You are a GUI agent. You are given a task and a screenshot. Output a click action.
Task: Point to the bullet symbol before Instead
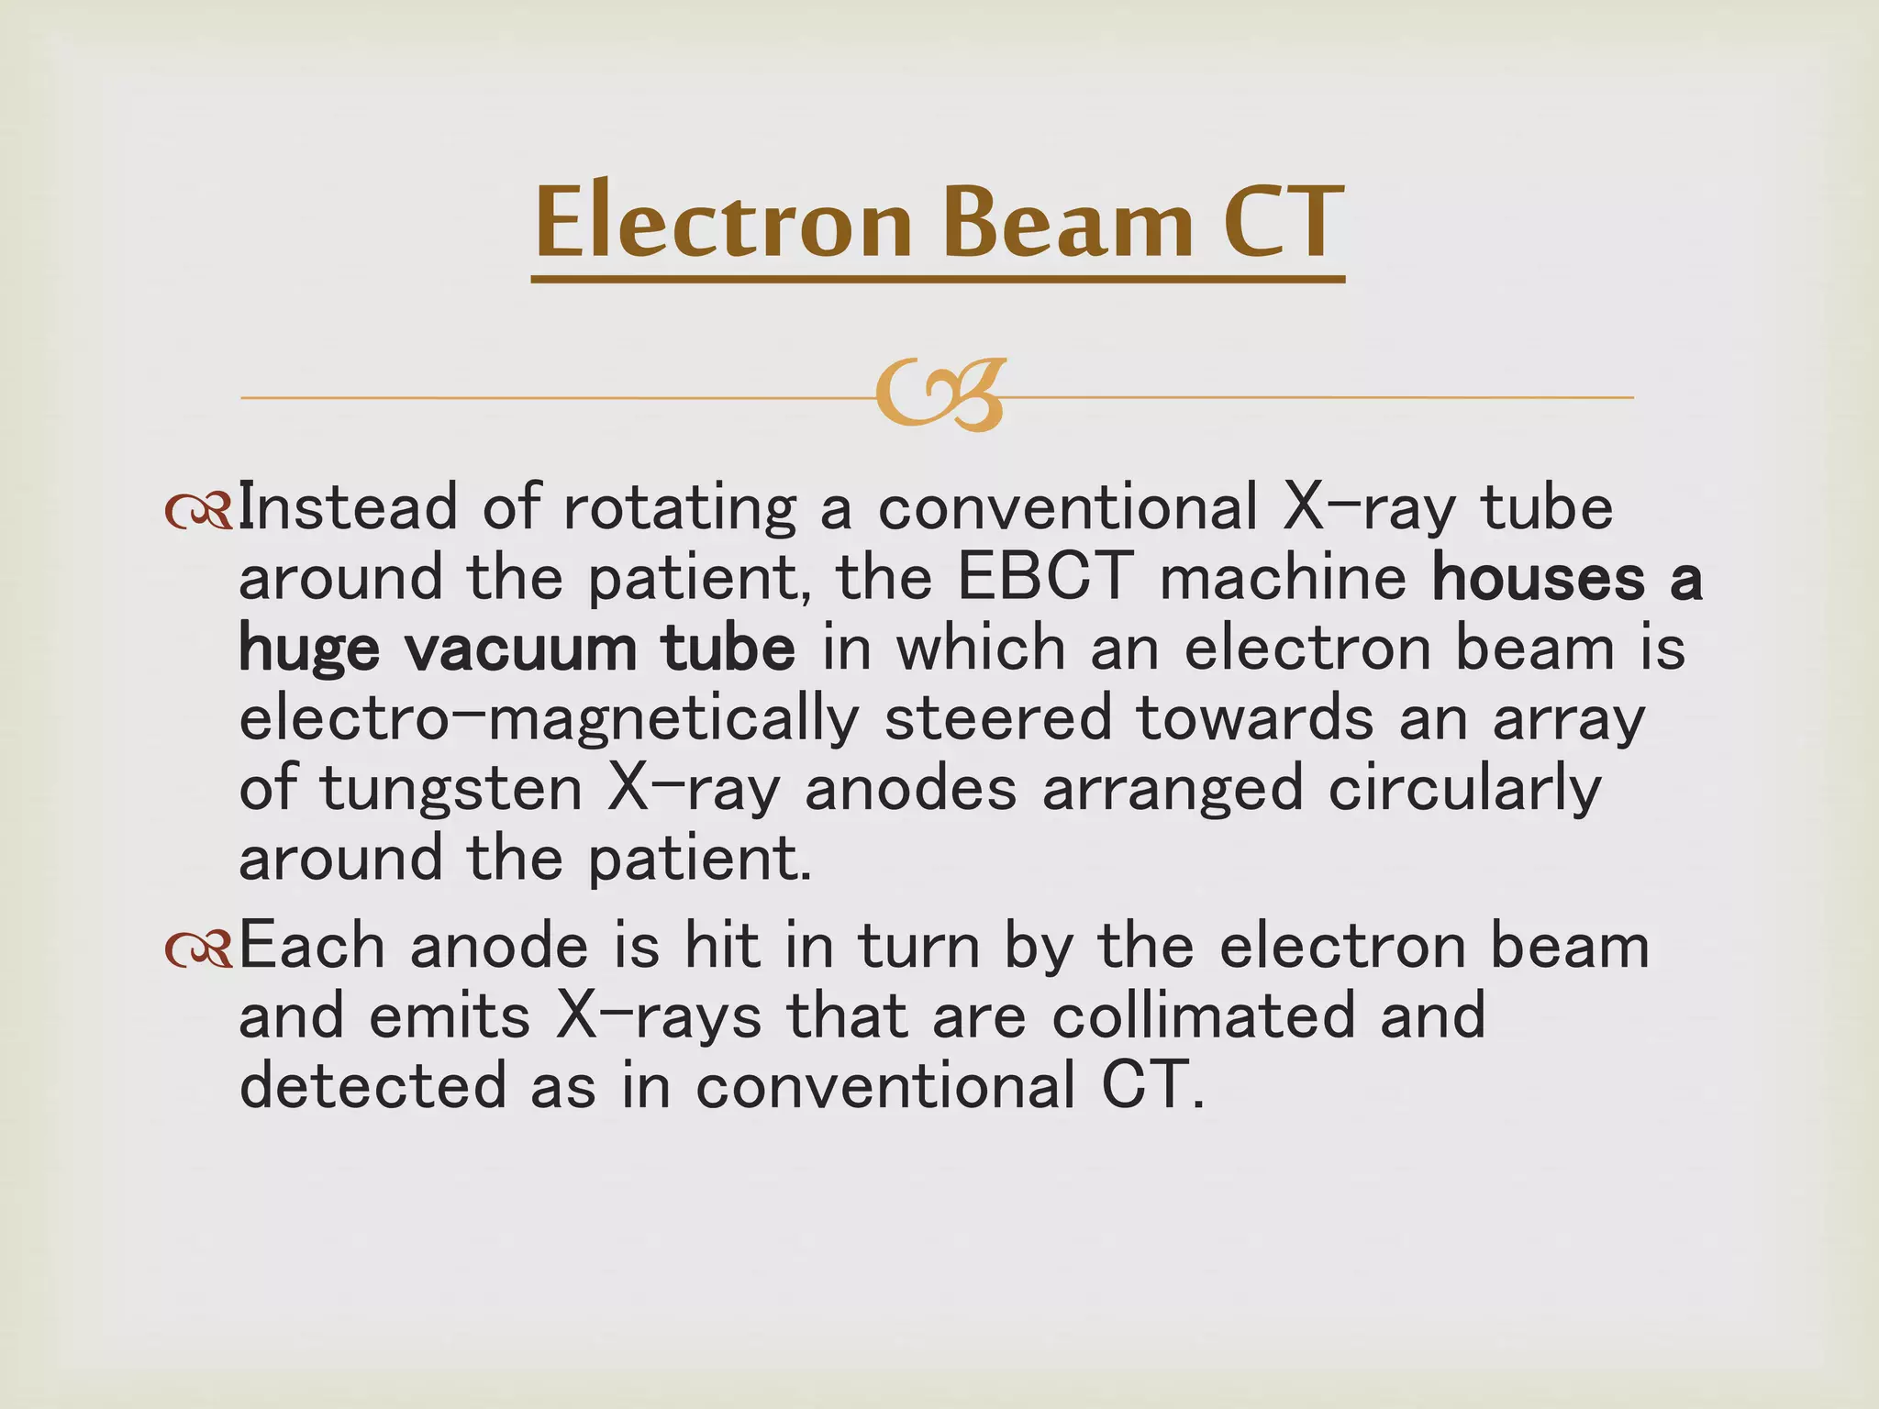198,512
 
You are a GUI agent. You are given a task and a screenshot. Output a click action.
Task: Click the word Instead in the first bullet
347,508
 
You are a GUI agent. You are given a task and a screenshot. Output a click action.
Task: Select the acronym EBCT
1044,578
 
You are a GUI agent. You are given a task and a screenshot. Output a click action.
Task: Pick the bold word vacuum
520,649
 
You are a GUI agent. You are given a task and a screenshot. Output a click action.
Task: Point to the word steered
998,718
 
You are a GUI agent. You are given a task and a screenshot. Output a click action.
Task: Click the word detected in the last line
372,1086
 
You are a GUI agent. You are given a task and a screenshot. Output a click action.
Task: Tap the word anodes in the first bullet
910,789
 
